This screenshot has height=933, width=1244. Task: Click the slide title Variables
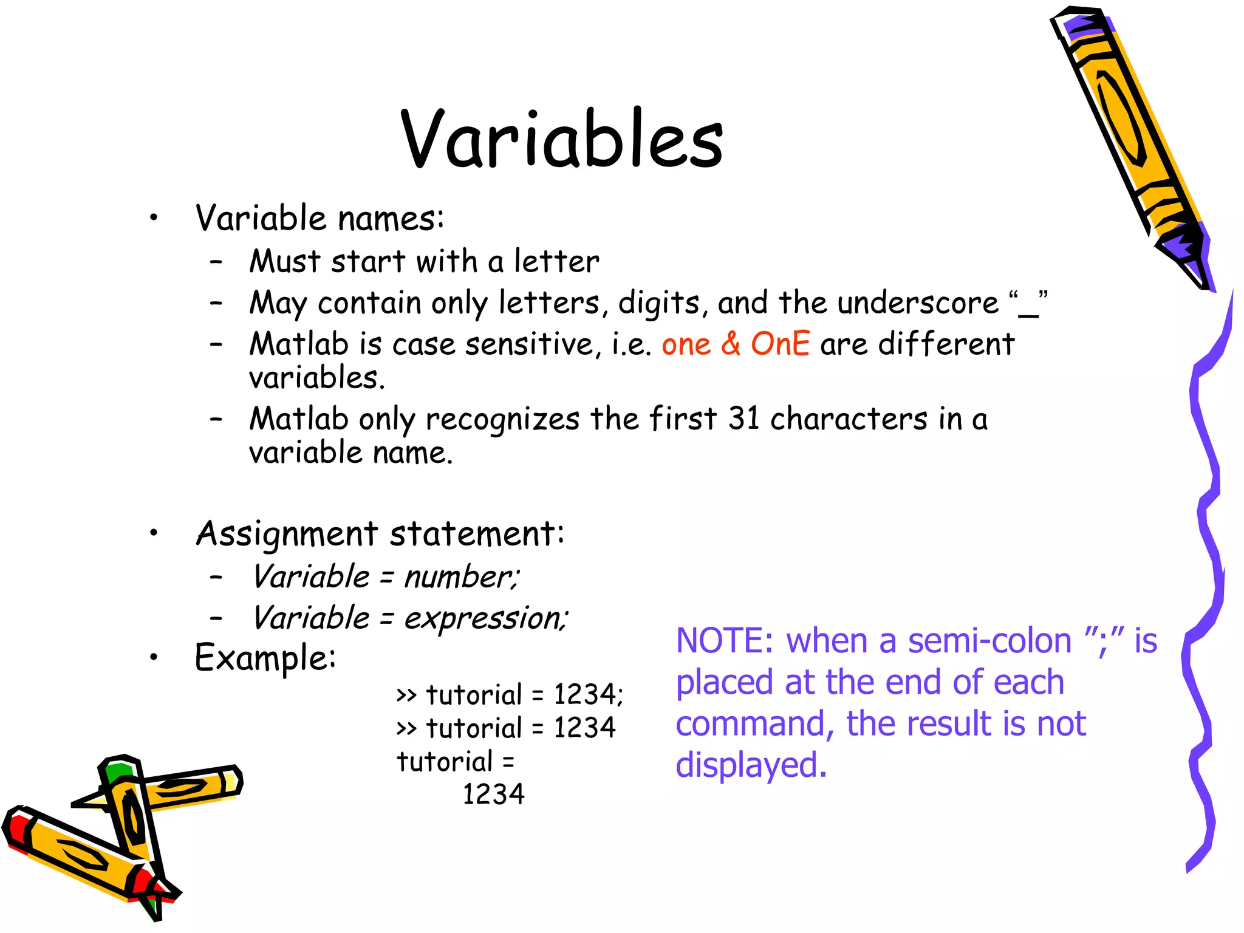pos(562,138)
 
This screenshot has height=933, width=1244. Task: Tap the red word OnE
pos(780,344)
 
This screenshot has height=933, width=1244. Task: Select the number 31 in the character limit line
pos(744,419)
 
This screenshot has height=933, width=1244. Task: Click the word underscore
pos(918,302)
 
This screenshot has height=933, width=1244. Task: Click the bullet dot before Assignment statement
pos(154,533)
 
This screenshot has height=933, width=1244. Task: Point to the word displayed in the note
pos(751,765)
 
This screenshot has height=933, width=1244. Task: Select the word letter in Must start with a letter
pos(556,262)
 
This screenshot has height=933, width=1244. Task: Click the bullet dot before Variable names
pos(154,218)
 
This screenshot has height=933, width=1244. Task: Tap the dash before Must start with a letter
pos(216,262)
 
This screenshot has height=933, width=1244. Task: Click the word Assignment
pos(287,535)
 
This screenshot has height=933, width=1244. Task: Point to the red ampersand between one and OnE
pos(731,344)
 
